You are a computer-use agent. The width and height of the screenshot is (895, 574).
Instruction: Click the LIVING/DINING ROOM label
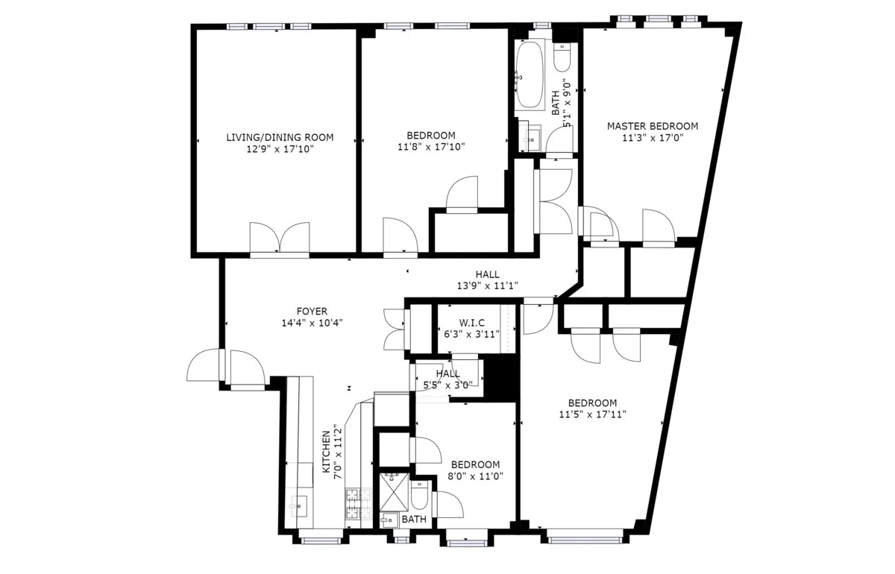click(280, 137)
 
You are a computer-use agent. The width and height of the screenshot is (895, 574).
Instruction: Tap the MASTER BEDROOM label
click(652, 126)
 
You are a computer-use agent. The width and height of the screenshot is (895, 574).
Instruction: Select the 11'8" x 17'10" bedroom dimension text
click(431, 147)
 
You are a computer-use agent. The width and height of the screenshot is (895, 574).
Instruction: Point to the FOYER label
click(311, 311)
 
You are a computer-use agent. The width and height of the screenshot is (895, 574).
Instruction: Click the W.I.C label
click(472, 322)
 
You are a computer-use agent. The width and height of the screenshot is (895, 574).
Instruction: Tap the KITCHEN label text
click(327, 452)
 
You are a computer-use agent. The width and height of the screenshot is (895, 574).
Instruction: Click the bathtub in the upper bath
click(530, 75)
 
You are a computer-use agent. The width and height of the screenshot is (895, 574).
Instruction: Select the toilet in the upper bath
click(562, 57)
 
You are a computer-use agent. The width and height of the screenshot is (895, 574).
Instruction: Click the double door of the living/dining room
click(280, 239)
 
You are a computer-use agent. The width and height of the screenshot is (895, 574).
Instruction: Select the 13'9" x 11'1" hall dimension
click(488, 286)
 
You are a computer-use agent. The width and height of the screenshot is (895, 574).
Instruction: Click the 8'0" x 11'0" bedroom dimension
click(474, 476)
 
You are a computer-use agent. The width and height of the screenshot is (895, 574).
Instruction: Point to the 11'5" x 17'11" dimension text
click(588, 414)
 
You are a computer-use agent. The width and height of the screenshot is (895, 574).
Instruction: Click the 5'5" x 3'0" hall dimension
click(447, 385)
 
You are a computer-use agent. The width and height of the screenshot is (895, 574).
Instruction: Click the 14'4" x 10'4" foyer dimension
click(311, 323)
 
